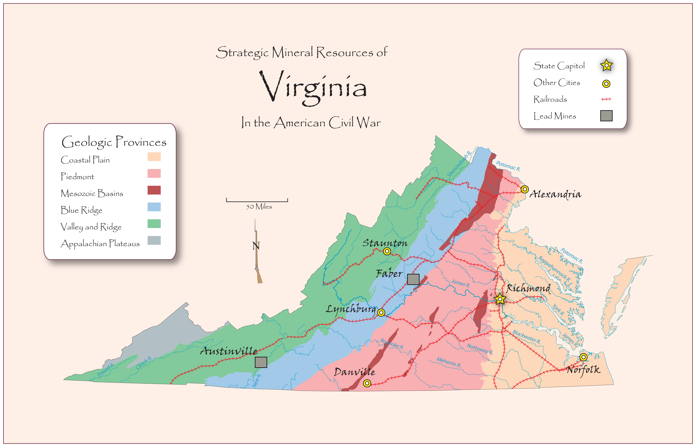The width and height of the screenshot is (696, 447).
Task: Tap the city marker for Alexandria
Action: point(525,189)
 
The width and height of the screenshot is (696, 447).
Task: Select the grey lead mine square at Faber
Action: point(413,279)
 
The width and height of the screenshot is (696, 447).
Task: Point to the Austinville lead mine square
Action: point(261,362)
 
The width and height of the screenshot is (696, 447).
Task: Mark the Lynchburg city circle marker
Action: point(381,312)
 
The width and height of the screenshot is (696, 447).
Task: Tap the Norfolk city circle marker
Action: point(583,357)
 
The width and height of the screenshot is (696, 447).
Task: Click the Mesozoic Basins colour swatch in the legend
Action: point(154,190)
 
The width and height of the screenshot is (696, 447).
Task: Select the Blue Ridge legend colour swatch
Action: point(154,207)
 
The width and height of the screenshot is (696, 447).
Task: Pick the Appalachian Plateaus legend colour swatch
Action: point(154,240)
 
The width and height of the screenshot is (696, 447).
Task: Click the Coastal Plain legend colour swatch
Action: point(154,157)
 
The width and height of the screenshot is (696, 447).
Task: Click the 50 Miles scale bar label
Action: point(259,207)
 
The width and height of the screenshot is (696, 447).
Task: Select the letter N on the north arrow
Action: point(256,246)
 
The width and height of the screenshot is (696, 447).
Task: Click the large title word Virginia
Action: point(313,87)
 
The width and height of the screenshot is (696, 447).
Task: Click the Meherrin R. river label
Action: point(449,362)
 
